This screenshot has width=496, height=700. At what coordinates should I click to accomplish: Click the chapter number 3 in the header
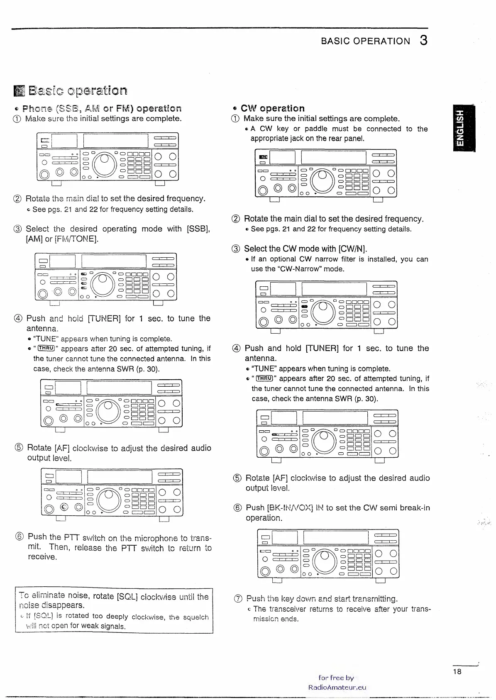click(423, 40)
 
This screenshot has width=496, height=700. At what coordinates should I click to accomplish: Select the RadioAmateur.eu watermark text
click(337, 687)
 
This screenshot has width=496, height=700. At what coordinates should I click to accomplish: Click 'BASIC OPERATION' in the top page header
click(365, 41)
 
